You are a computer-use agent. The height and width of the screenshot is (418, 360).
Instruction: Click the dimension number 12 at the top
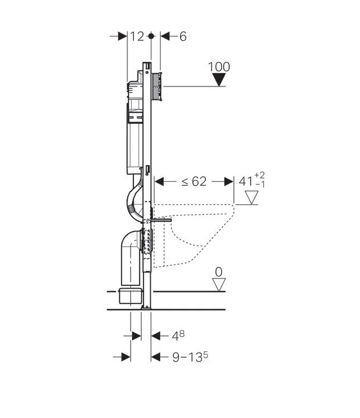137,36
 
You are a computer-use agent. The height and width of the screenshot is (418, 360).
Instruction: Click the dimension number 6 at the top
183,36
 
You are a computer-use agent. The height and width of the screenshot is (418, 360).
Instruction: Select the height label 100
219,66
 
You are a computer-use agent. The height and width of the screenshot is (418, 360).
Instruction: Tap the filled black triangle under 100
219,80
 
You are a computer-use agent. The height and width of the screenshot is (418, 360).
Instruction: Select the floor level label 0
219,272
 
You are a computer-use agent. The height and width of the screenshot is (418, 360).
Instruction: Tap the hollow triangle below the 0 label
219,284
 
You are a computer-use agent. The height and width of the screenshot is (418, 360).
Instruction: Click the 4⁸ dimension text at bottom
178,335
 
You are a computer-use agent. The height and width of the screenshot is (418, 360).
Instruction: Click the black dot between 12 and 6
151,36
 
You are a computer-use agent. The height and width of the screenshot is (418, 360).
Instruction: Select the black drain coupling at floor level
130,296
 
